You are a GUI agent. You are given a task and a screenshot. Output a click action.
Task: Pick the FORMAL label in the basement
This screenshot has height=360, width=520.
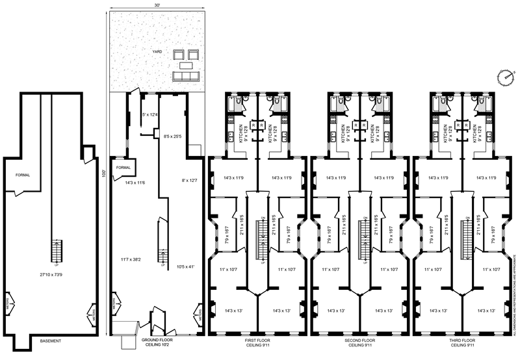pyautogui.click(x=23, y=174)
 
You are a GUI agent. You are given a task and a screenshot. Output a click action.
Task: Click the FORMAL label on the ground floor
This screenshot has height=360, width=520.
pyautogui.click(x=123, y=168)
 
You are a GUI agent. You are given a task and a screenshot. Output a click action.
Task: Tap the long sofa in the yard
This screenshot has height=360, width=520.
pyautogui.click(x=187, y=77)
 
